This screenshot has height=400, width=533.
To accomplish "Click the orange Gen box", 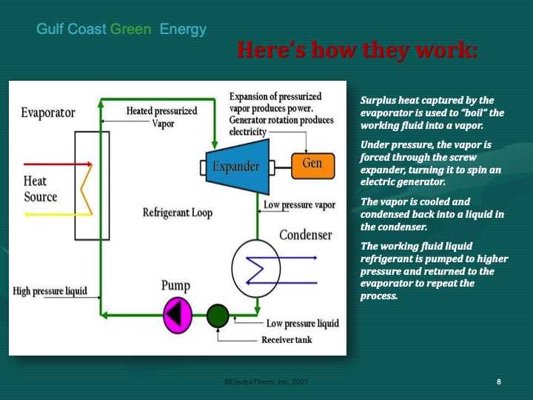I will click(312, 164).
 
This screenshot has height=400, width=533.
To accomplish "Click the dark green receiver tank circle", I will click(217, 316).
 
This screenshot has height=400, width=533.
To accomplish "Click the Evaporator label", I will click(48, 113).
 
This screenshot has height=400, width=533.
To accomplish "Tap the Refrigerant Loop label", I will click(178, 213).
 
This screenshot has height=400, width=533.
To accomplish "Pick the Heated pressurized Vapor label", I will click(162, 117).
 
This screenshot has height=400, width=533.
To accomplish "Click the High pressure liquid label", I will click(50, 291).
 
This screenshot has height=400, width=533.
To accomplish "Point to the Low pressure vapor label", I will click(300, 204).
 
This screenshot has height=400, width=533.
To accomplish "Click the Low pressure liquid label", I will click(302, 323).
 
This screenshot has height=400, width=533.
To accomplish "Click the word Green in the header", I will click(131, 30).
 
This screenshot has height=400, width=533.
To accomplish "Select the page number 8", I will click(499, 381).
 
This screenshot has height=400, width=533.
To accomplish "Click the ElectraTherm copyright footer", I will click(266, 381).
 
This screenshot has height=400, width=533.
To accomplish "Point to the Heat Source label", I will click(40, 189).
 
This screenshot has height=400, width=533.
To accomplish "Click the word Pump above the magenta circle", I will click(175, 285).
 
